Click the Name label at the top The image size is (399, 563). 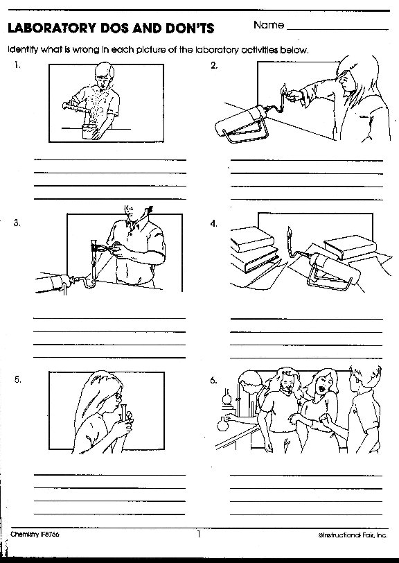pos(269,25)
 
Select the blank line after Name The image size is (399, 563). pos(337,29)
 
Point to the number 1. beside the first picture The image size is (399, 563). pos(16,65)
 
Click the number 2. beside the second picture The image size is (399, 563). pos(214,65)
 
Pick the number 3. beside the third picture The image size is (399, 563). pos(16,223)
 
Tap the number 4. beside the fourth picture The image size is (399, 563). pos(214,224)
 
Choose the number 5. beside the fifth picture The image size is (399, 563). pos(17,380)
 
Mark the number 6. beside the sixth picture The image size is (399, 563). pos(214,381)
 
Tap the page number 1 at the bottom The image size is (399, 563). pos(198,534)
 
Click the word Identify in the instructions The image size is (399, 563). pos(22,50)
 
